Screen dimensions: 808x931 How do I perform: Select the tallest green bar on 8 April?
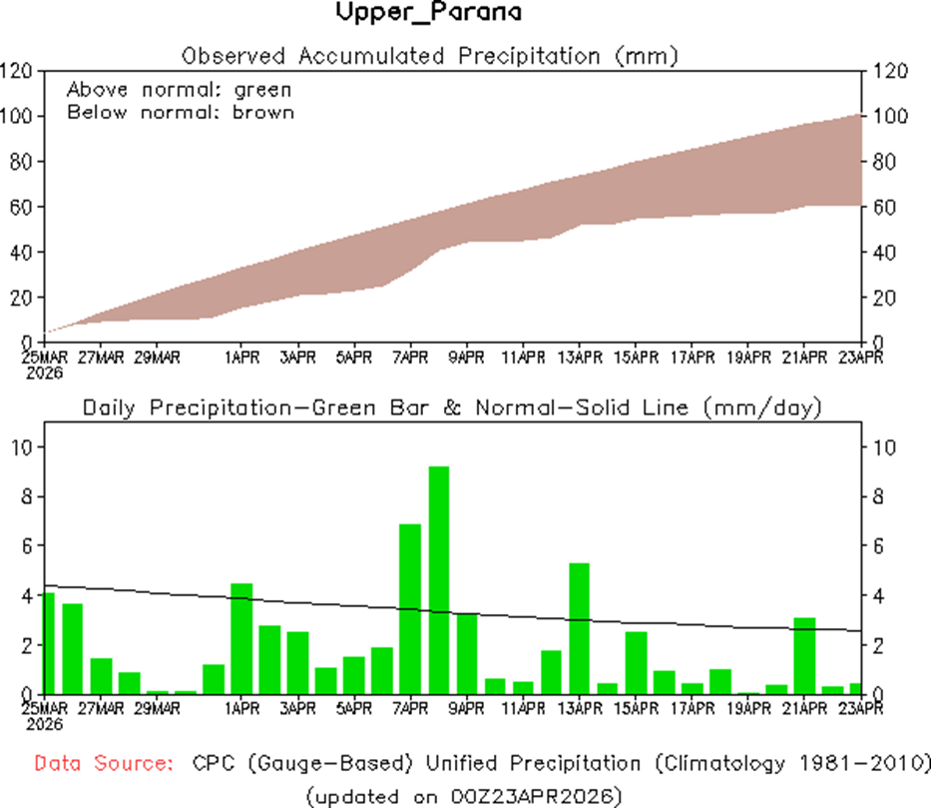coord(439,579)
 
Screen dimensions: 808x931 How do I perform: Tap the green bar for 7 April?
coord(410,608)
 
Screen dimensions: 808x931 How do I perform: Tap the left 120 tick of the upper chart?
coord(18,71)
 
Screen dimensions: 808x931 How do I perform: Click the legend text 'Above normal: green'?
coord(179,89)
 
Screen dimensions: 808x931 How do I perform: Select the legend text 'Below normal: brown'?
coord(181,112)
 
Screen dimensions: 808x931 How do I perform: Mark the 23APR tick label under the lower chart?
coord(860,708)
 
